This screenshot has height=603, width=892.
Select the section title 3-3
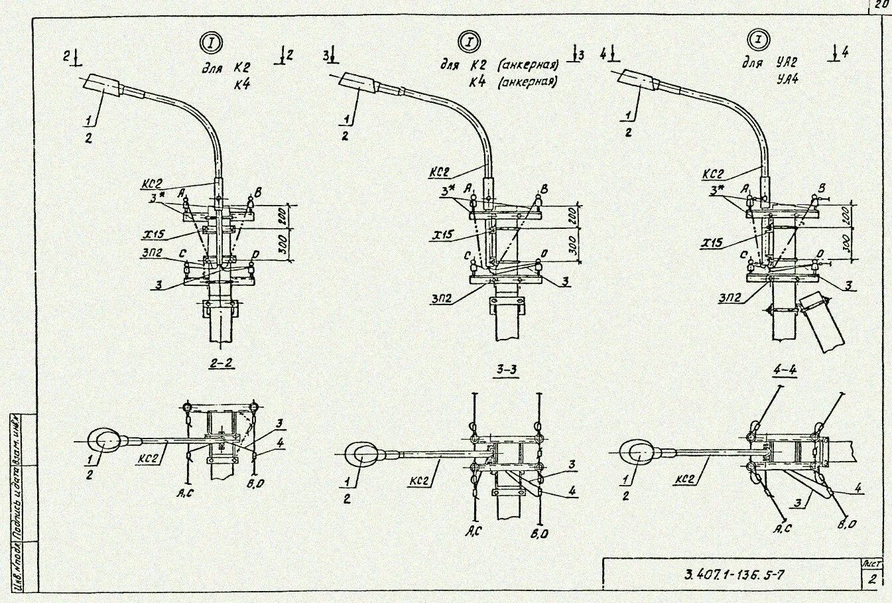pos(506,371)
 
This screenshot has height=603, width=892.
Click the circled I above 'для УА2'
pos(756,40)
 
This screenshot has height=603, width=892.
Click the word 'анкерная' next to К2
pos(529,65)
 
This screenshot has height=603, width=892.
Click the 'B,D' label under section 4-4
pos(846,524)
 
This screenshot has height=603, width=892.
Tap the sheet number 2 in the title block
pos(872,580)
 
